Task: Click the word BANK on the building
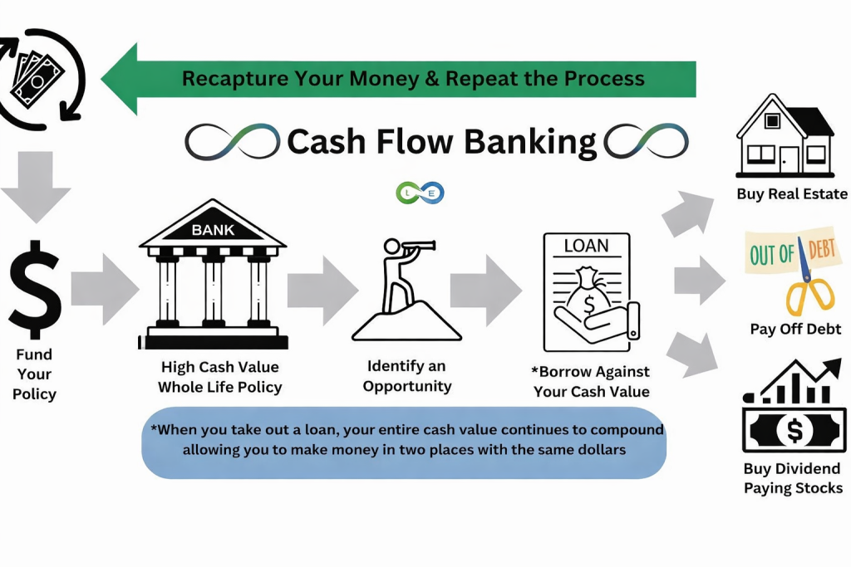[x=213, y=230]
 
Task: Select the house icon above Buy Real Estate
[x=785, y=136]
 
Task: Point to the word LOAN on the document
[x=586, y=246]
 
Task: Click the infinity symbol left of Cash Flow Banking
[x=233, y=143]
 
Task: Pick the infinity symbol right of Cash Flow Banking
[x=647, y=143]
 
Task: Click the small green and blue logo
[x=421, y=193]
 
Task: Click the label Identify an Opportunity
[x=407, y=376]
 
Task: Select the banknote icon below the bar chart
[x=794, y=430]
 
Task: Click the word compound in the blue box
[x=625, y=430]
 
